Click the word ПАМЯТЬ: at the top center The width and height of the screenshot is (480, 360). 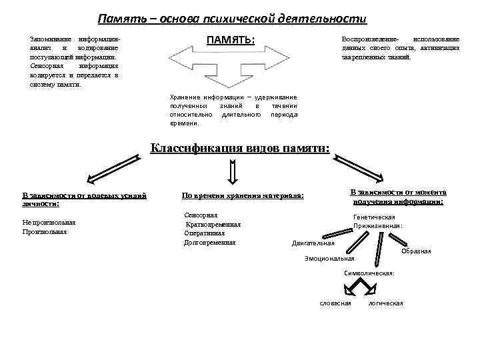tap(231, 40)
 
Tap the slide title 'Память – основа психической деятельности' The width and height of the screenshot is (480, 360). tap(232, 19)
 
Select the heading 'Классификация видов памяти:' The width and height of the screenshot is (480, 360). tap(239, 148)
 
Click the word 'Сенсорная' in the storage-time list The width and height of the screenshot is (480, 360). tap(201, 216)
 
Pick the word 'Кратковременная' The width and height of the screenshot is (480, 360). tap(213, 225)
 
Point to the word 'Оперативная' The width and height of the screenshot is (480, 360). tap(205, 233)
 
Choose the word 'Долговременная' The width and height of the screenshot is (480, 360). tap(209, 242)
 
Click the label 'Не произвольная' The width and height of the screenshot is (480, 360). tap(49, 223)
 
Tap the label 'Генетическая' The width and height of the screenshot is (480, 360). tap(374, 217)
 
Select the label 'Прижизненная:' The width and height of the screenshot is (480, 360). tap(378, 226)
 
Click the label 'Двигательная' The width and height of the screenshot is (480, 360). tap(313, 243)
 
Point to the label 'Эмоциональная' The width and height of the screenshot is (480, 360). tap(329, 258)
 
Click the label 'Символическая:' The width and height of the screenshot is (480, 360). tap(368, 273)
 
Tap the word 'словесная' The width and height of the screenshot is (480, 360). tap(335, 303)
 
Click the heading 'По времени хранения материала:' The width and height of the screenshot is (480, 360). tap(243, 196)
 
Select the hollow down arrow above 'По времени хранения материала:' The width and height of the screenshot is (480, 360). tap(233, 173)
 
